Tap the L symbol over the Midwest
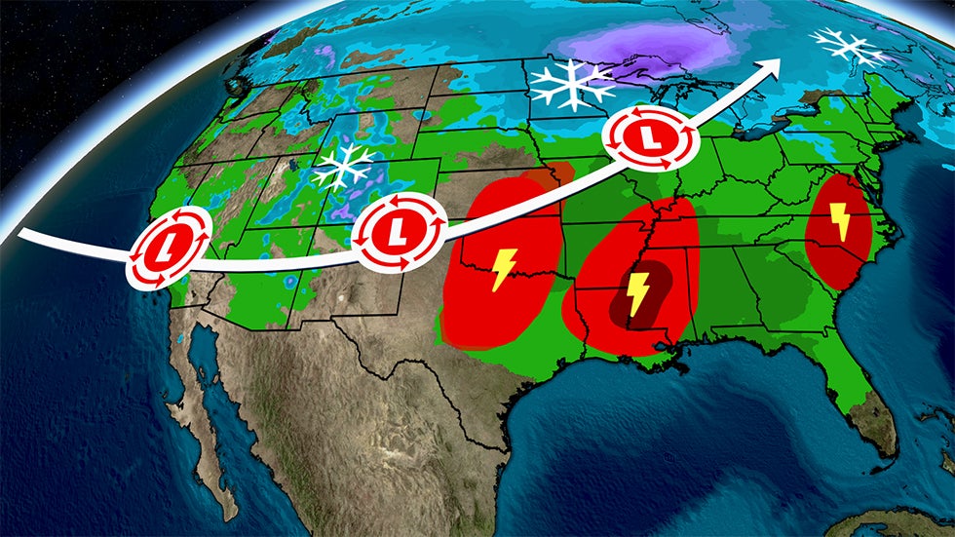click(x=651, y=139)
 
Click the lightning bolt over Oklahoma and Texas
click(x=504, y=269)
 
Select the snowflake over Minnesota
click(x=572, y=86)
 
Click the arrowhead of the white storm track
click(x=775, y=64)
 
